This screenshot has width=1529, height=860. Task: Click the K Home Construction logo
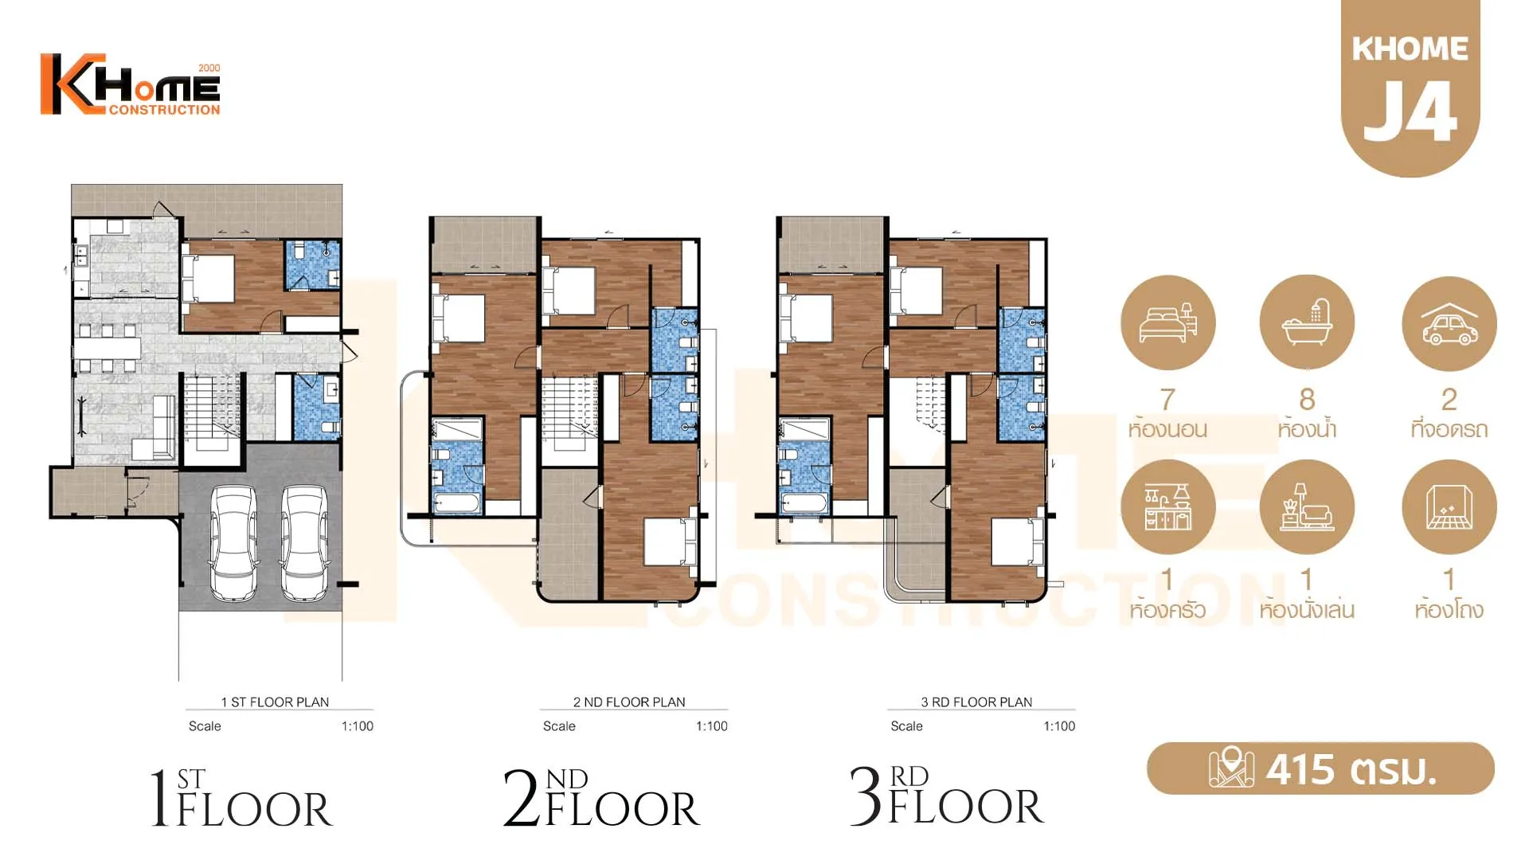coord(131,84)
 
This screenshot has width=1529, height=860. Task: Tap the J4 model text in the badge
coord(1410,111)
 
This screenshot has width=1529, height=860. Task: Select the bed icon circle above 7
coord(1168,322)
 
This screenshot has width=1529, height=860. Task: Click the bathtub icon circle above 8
coord(1307,322)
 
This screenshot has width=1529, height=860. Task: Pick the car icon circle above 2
coord(1449,323)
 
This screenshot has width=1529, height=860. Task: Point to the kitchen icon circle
coord(1168,507)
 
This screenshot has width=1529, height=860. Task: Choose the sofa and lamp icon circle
coord(1307,507)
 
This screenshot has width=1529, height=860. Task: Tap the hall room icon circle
coord(1449,507)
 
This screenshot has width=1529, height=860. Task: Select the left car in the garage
coord(233,543)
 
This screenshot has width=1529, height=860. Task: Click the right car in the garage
coord(305,543)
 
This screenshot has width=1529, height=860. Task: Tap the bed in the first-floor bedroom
coord(208,278)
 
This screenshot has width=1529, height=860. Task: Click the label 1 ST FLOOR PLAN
coord(275,702)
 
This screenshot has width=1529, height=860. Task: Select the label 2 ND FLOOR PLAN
coord(629,702)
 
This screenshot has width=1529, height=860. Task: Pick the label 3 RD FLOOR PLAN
coord(976,702)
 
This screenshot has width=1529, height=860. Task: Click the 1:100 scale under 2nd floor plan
coord(712,726)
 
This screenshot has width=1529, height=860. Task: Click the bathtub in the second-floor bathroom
coord(456,503)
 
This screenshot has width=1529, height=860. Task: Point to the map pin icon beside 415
coord(1231,768)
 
